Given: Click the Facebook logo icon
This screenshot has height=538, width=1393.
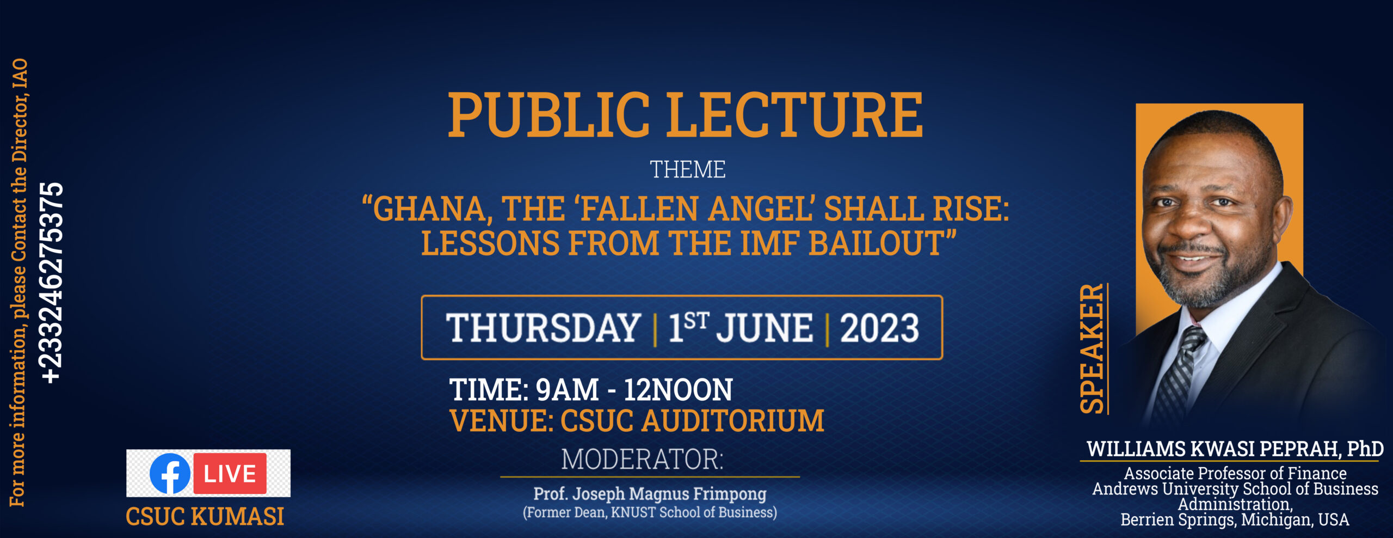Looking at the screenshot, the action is (170, 473).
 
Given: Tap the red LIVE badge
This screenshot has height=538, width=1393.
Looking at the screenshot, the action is (230, 473).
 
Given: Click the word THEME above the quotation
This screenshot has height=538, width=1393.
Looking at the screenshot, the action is (688, 169).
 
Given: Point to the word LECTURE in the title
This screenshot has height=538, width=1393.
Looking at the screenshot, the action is (795, 115).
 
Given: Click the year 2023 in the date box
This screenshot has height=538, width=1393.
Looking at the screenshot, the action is (879, 328).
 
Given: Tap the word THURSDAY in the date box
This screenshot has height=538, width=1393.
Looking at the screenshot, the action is (543, 328).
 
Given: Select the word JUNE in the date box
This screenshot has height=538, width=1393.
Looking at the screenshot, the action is (765, 328).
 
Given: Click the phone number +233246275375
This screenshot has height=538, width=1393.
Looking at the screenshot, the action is (52, 283).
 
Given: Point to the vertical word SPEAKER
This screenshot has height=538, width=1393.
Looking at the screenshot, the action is (1092, 349).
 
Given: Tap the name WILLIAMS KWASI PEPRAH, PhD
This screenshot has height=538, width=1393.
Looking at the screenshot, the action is (1235, 449).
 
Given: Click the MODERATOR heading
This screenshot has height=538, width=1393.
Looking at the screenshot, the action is (643, 459).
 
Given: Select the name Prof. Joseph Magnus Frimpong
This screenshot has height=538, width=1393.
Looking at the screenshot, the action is (650, 494).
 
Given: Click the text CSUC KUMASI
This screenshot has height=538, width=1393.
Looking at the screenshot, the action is (205, 516).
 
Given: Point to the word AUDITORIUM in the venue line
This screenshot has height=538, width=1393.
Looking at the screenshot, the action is (733, 421).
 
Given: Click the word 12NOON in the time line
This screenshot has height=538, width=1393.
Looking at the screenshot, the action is (678, 390).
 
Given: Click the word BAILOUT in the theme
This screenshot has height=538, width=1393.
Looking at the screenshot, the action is (876, 243).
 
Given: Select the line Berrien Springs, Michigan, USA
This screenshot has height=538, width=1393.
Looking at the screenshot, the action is (1235, 519).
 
